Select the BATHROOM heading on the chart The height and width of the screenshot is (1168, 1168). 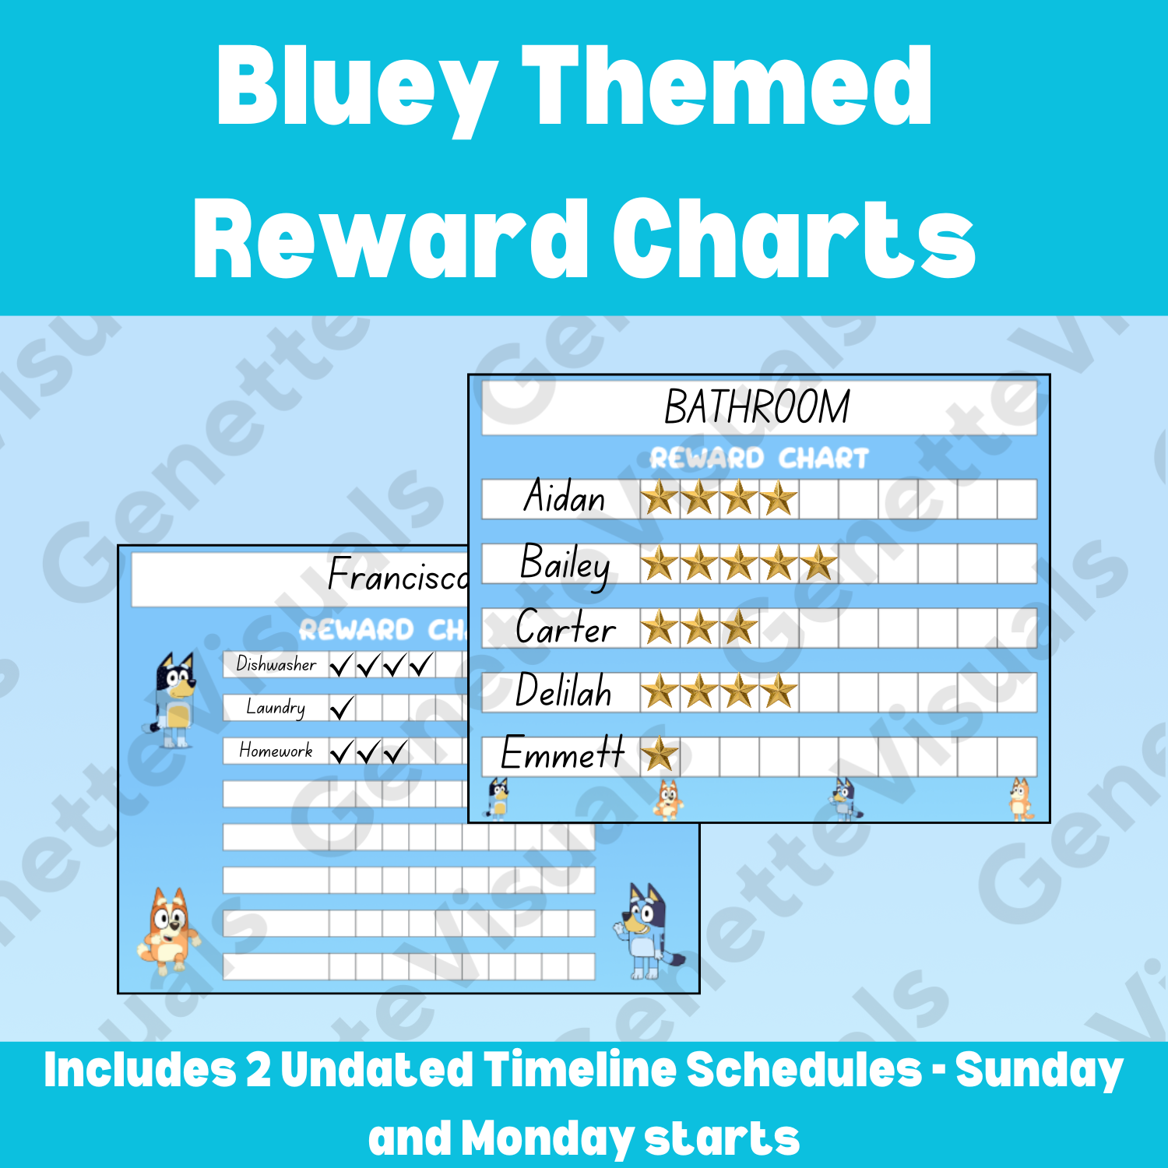757,406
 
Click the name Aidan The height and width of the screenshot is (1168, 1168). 565,497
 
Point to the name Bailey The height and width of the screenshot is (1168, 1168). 565,564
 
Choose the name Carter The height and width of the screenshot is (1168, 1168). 565,628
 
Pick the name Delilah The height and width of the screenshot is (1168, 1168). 564,691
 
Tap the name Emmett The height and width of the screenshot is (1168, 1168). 562,754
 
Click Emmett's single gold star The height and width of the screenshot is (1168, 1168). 660,755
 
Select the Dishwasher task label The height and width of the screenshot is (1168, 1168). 276,664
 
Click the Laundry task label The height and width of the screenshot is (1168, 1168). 276,707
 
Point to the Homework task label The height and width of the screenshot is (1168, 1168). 276,751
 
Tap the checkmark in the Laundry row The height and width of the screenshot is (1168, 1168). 342,708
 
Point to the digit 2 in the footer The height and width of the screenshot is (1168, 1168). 259,1070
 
